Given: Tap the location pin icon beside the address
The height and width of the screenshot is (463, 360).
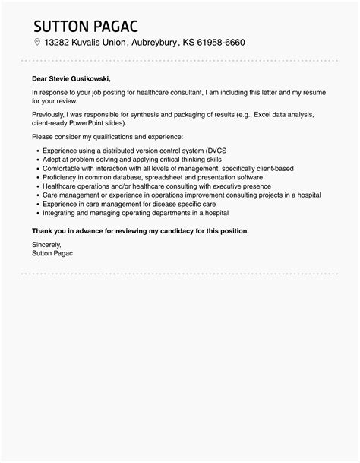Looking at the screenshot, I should point(37,43).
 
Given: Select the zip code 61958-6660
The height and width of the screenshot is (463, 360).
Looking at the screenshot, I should point(219,43).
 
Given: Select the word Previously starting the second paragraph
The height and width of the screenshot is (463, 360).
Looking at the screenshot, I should point(49,113).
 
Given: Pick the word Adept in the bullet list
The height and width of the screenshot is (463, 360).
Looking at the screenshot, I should point(52,160).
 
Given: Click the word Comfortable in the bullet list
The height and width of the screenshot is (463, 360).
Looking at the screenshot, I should point(62,168).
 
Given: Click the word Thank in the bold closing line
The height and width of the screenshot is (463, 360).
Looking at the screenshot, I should point(43,230).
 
